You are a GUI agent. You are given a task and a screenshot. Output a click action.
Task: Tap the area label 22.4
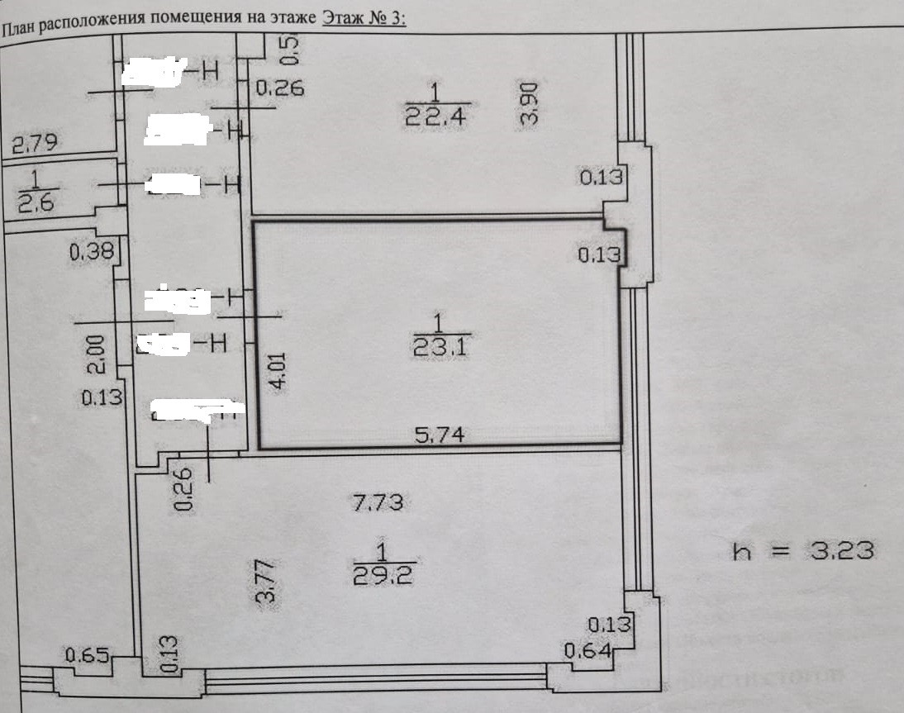tap(435, 116)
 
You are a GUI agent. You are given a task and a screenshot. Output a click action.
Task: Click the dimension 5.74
tap(438, 435)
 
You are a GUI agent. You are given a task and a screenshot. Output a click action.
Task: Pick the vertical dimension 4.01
tap(280, 371)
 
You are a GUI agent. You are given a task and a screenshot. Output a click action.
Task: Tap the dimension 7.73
tap(378, 501)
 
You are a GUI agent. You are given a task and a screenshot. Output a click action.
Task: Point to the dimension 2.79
tap(34, 145)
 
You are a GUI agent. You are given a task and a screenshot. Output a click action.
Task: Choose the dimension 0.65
tap(88, 657)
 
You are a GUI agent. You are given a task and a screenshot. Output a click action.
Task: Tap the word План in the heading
tap(17, 30)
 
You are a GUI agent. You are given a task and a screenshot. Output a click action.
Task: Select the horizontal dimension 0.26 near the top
tap(279, 87)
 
